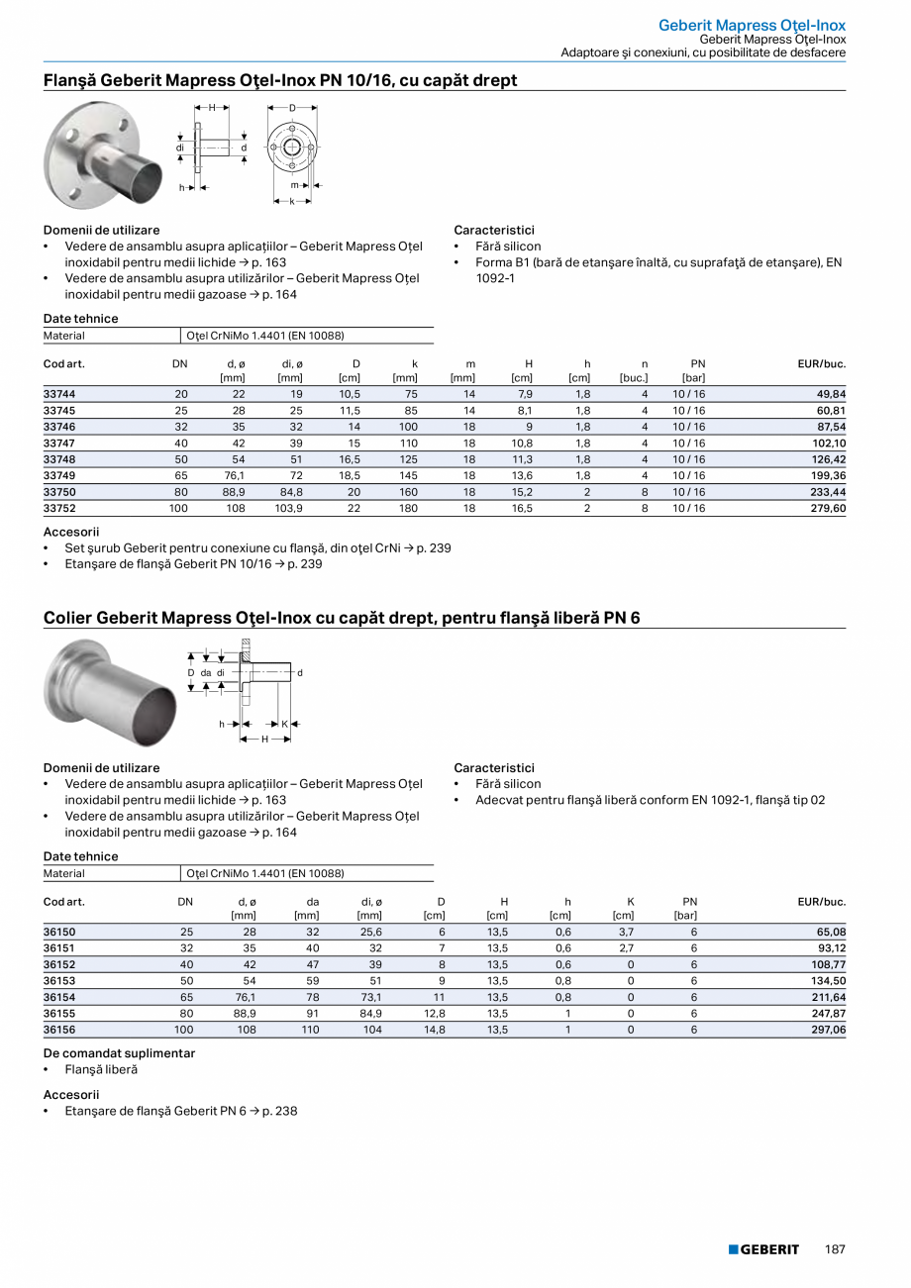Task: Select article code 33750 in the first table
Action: pyautogui.click(x=59, y=492)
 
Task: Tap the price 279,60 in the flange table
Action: pyautogui.click(x=829, y=508)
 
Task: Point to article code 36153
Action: pyautogui.click(x=59, y=981)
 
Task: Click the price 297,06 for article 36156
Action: pyautogui.click(x=829, y=1030)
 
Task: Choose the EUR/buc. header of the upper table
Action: pyautogui.click(x=821, y=364)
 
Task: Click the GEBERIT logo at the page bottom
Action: pyautogui.click(x=763, y=1249)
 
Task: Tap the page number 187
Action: pyautogui.click(x=835, y=1249)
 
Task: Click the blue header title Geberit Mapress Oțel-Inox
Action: pyautogui.click(x=752, y=24)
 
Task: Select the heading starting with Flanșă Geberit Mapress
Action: pyautogui.click(x=280, y=80)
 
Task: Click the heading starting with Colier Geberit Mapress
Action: pyautogui.click(x=342, y=618)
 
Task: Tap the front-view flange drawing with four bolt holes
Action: pyautogui.click(x=292, y=147)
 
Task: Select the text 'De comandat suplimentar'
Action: pyautogui.click(x=119, y=1053)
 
